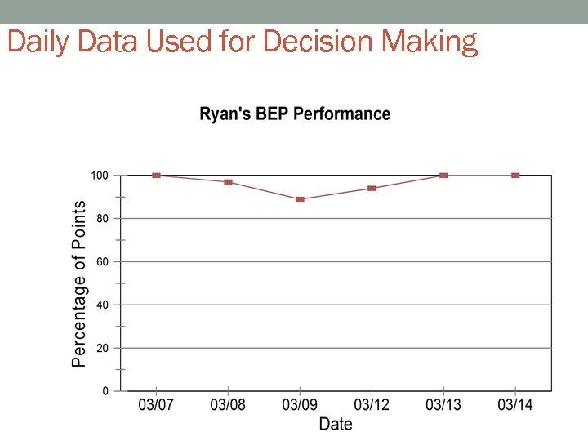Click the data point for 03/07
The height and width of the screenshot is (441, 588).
coord(156,176)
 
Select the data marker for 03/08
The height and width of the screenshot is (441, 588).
coord(228,182)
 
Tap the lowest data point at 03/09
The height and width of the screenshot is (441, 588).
coord(300,199)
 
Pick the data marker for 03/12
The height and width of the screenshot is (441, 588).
coord(372,189)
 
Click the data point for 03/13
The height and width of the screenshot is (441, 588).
coord(443,176)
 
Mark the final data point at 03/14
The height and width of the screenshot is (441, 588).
coord(515,176)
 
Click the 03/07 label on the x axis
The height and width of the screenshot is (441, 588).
coord(156,405)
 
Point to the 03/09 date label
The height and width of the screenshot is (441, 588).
coord(300,405)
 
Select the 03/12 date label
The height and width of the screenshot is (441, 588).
coord(372,405)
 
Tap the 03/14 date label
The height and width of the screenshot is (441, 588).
coord(515,405)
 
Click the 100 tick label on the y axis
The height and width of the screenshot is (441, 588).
coord(99,176)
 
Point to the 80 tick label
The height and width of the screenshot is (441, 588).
coord(102,219)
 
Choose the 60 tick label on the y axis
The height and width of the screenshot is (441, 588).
coord(102,262)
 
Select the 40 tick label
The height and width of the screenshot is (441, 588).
coord(102,305)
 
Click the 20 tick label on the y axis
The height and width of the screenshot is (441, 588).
coord(102,348)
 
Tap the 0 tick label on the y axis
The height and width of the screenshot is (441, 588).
coord(105,391)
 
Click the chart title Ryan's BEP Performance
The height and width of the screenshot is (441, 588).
coord(295,114)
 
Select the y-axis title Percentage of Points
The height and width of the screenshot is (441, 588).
coord(79,283)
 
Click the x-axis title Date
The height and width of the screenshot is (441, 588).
coord(336,424)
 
